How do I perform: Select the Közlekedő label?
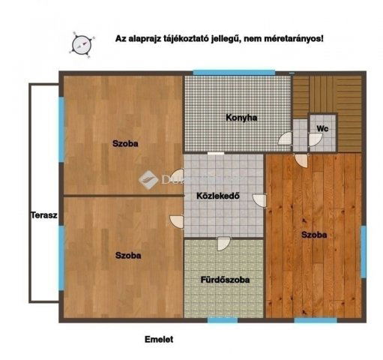point(217,196)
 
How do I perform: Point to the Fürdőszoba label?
point(225,280)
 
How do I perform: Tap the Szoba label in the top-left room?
point(125,143)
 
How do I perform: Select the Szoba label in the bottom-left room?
point(128,255)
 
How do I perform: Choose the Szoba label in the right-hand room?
point(314,235)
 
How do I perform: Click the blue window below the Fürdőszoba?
point(222,320)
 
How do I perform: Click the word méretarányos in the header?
point(289,37)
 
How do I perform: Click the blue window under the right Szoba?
point(315,320)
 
